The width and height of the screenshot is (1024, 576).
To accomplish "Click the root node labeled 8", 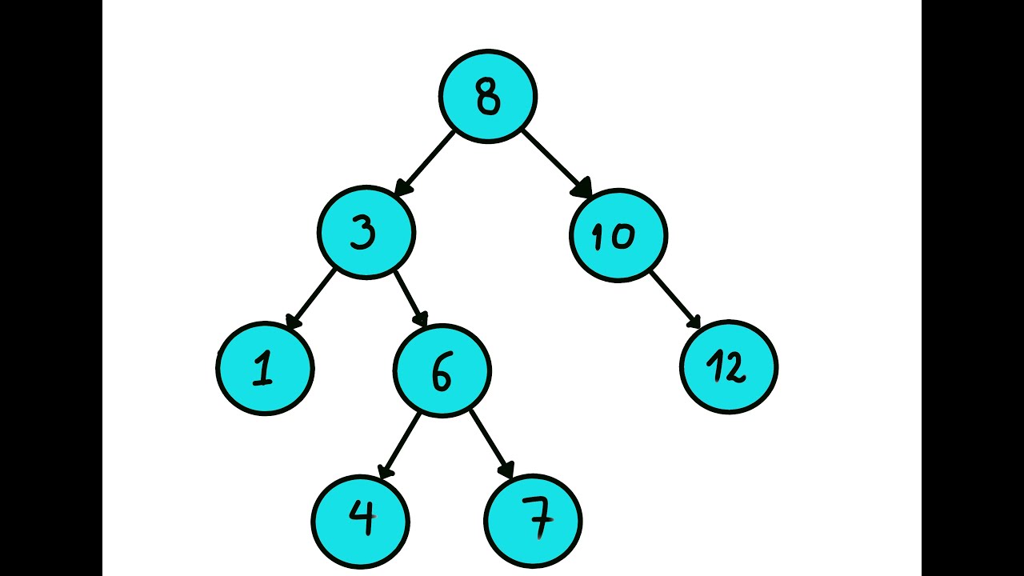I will click(487, 97).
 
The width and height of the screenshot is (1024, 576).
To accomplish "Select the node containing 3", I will click(366, 233).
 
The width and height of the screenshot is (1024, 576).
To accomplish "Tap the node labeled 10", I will click(618, 235).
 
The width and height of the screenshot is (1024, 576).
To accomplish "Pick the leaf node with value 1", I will click(265, 368).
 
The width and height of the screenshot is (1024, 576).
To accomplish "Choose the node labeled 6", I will click(442, 370).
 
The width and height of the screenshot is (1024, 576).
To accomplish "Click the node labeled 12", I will click(728, 367).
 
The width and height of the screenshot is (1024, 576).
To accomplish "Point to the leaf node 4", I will click(360, 521).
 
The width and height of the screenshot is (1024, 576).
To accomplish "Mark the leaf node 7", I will click(533, 521).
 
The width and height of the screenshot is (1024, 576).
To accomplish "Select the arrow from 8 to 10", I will click(556, 163).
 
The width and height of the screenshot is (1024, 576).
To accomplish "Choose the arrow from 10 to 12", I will click(675, 299).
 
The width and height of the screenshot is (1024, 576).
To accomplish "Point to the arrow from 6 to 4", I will click(399, 445).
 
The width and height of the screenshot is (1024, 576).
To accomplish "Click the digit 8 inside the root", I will click(487, 97).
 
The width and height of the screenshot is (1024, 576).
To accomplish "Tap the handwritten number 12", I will click(726, 368).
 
